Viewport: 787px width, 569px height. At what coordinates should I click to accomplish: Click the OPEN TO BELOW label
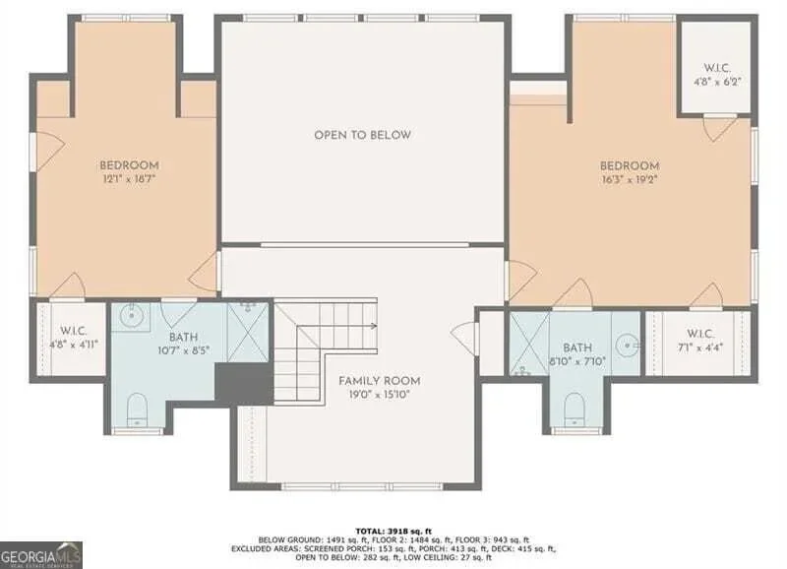[x=362, y=135]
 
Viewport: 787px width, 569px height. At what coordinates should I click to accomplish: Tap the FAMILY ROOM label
[x=380, y=381]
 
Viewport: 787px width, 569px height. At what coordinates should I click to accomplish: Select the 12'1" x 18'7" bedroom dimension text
[x=129, y=179]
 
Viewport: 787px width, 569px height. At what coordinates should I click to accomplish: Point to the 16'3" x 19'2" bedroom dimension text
[x=630, y=179]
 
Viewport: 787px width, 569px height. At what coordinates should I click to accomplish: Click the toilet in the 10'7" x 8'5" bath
[x=137, y=410]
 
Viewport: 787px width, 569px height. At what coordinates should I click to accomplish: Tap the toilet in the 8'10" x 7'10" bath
[x=575, y=410]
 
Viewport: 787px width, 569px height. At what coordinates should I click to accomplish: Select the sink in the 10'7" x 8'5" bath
[x=132, y=315]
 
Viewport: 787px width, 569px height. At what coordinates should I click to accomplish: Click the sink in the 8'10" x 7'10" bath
[x=628, y=345]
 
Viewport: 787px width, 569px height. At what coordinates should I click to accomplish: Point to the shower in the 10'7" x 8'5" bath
[x=249, y=331]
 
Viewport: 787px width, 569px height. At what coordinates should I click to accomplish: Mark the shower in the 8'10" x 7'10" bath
[x=530, y=344]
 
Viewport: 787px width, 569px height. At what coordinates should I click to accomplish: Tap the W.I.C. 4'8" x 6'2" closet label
[x=717, y=75]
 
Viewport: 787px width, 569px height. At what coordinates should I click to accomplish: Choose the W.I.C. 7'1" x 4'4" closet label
[x=699, y=340]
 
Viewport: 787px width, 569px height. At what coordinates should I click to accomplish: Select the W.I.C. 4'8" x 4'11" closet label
[x=74, y=338]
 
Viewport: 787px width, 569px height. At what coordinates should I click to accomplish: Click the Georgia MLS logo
[x=41, y=555]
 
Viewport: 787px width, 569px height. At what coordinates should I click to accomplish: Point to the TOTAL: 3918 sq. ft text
[x=393, y=531]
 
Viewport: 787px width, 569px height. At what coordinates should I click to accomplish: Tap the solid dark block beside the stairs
[x=244, y=382]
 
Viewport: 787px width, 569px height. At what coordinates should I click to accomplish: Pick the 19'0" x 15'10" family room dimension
[x=380, y=395]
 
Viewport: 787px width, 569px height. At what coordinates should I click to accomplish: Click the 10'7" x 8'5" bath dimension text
[x=183, y=350]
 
